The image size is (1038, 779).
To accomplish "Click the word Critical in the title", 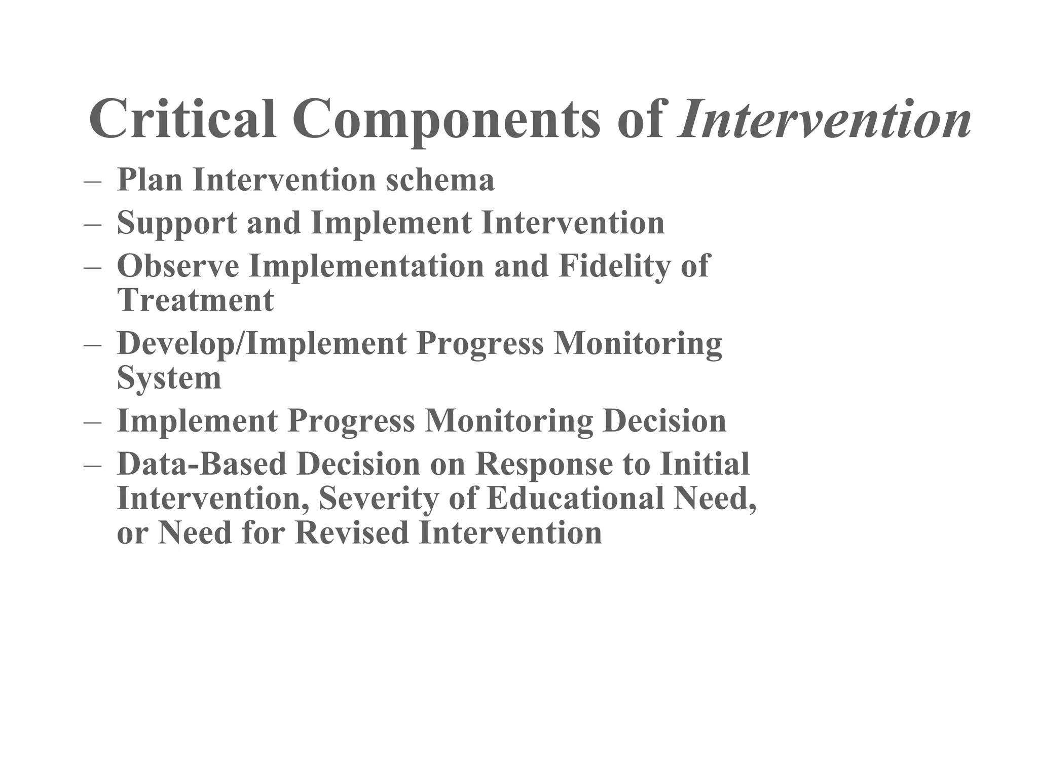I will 182,120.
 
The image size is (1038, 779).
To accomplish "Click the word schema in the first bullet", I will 440,180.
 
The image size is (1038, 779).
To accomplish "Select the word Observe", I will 178,266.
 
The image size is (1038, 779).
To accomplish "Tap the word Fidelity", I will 614,267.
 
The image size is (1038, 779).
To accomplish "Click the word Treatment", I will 195,300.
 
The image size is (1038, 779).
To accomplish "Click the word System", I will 169,378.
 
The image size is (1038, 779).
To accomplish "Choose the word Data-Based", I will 202,464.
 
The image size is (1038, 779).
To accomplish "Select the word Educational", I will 575,498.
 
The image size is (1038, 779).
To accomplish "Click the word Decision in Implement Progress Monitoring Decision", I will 664,421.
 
